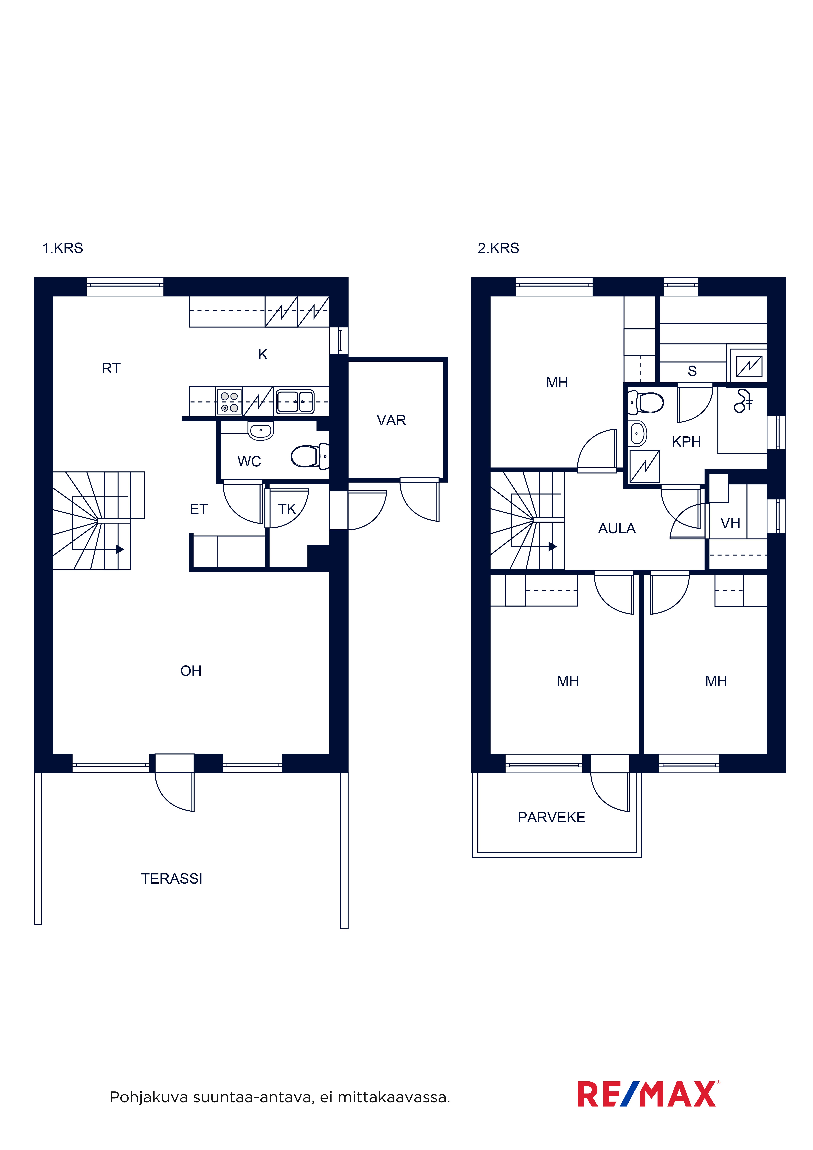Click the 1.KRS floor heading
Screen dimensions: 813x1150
click(63, 248)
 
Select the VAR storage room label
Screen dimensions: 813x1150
click(391, 420)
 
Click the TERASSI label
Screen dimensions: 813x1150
click(172, 879)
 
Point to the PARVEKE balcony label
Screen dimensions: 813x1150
click(551, 817)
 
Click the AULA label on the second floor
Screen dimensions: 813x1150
click(617, 528)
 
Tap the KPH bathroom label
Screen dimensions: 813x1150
click(686, 442)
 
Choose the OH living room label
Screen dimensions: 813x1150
click(191, 671)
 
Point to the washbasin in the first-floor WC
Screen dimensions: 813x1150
click(260, 431)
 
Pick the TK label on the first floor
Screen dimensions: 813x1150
click(287, 509)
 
